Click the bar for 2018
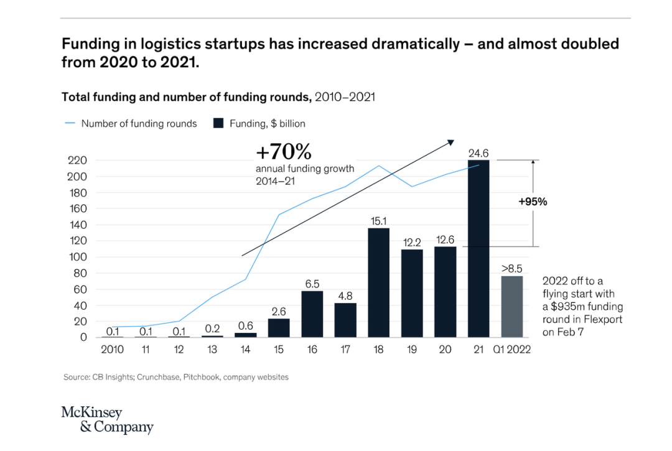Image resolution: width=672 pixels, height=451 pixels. coord(378,282)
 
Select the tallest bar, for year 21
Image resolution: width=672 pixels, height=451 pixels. coord(479,249)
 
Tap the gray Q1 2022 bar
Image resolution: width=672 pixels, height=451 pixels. coord(512,307)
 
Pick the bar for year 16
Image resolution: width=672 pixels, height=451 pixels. coord(312,314)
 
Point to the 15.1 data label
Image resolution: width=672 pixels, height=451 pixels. coord(378,221)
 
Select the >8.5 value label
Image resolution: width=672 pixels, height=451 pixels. coord(512,269)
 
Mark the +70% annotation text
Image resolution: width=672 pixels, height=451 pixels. coord(283,152)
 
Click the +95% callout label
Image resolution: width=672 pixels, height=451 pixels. coord(533,202)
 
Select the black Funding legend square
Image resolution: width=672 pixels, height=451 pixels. coord(218,123)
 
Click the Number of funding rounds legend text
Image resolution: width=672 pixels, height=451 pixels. coord(139,123)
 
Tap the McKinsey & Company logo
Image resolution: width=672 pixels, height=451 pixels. coord(107,420)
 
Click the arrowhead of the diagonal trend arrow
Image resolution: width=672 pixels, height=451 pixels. coord(450,142)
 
